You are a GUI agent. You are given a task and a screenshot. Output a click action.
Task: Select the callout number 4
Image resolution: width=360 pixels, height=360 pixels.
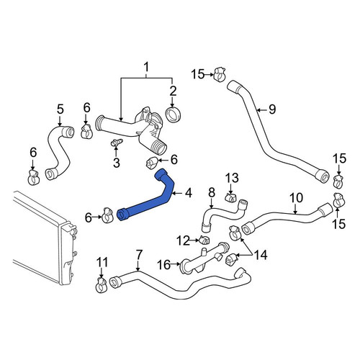pyautogui.click(x=189, y=193)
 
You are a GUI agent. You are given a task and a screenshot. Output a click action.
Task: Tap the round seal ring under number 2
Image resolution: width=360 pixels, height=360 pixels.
pyautogui.click(x=174, y=114)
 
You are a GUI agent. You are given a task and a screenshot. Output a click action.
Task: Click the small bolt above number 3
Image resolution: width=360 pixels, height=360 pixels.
pyautogui.click(x=117, y=143)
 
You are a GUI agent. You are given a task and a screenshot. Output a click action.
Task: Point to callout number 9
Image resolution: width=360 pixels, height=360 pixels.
pyautogui.click(x=272, y=109)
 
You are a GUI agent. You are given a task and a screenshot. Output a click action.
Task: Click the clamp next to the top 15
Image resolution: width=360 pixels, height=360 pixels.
pyautogui.click(x=220, y=73)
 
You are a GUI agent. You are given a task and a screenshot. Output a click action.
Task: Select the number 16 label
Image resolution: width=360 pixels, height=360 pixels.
pyautogui.click(x=163, y=265)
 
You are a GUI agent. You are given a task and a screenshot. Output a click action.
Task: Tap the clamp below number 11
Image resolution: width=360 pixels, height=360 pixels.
pyautogui.click(x=101, y=285)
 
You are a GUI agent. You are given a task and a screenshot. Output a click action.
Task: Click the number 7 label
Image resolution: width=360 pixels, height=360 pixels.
pyautogui.click(x=139, y=255)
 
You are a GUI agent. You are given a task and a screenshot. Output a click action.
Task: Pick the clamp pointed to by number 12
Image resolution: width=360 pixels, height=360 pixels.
pyautogui.click(x=204, y=239)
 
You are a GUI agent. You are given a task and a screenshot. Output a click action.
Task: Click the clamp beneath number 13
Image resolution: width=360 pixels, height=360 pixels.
pyautogui.click(x=230, y=197)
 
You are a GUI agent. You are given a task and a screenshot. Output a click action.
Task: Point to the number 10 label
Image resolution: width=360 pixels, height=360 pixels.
pyautogui.click(x=296, y=198)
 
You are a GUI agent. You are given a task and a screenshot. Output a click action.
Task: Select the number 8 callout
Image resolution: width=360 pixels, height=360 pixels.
pyautogui.click(x=211, y=193)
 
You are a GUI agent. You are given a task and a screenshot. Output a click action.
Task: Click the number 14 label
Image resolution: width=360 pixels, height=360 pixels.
pyautogui.click(x=261, y=255)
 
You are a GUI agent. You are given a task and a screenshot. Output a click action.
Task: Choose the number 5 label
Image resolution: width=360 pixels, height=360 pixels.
pyautogui.click(x=60, y=109)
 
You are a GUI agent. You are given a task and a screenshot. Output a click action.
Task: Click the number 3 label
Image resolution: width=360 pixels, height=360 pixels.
pyautogui.click(x=117, y=163)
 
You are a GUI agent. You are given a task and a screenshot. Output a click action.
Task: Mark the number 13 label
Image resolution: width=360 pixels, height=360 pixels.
pyautogui.click(x=232, y=178)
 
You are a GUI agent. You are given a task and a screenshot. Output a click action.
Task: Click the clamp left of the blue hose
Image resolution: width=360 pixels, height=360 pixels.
pyautogui.click(x=107, y=215)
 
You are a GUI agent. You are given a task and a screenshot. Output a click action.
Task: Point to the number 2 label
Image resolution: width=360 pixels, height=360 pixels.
pyautogui.click(x=173, y=91)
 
